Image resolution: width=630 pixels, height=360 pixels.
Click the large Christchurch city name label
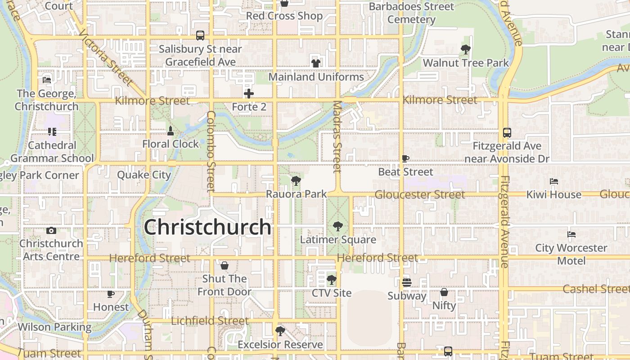point(207,227)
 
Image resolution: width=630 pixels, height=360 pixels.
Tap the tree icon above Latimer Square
point(337,226)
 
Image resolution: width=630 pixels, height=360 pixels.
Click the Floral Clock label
point(170,144)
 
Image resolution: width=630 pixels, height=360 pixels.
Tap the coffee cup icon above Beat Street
point(405,158)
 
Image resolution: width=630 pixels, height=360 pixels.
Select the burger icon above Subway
point(407,283)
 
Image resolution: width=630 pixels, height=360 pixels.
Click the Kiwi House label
point(554,195)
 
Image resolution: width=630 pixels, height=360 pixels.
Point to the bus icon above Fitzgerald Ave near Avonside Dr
point(507,133)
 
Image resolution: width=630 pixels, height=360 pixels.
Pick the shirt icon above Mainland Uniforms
point(316,63)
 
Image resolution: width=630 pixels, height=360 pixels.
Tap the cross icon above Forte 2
point(249,94)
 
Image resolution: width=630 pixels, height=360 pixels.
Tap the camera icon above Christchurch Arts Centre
point(51,231)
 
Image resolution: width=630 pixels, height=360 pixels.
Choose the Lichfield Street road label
point(210,321)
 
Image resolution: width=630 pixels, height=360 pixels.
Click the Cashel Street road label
point(596,289)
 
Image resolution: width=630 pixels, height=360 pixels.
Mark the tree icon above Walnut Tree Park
point(466,49)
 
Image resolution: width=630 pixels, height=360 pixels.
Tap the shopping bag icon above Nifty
point(444,292)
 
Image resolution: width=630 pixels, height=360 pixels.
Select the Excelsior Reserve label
point(280,345)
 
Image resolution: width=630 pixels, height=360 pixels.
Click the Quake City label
point(144,175)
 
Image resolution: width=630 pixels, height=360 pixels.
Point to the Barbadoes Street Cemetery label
point(411,13)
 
